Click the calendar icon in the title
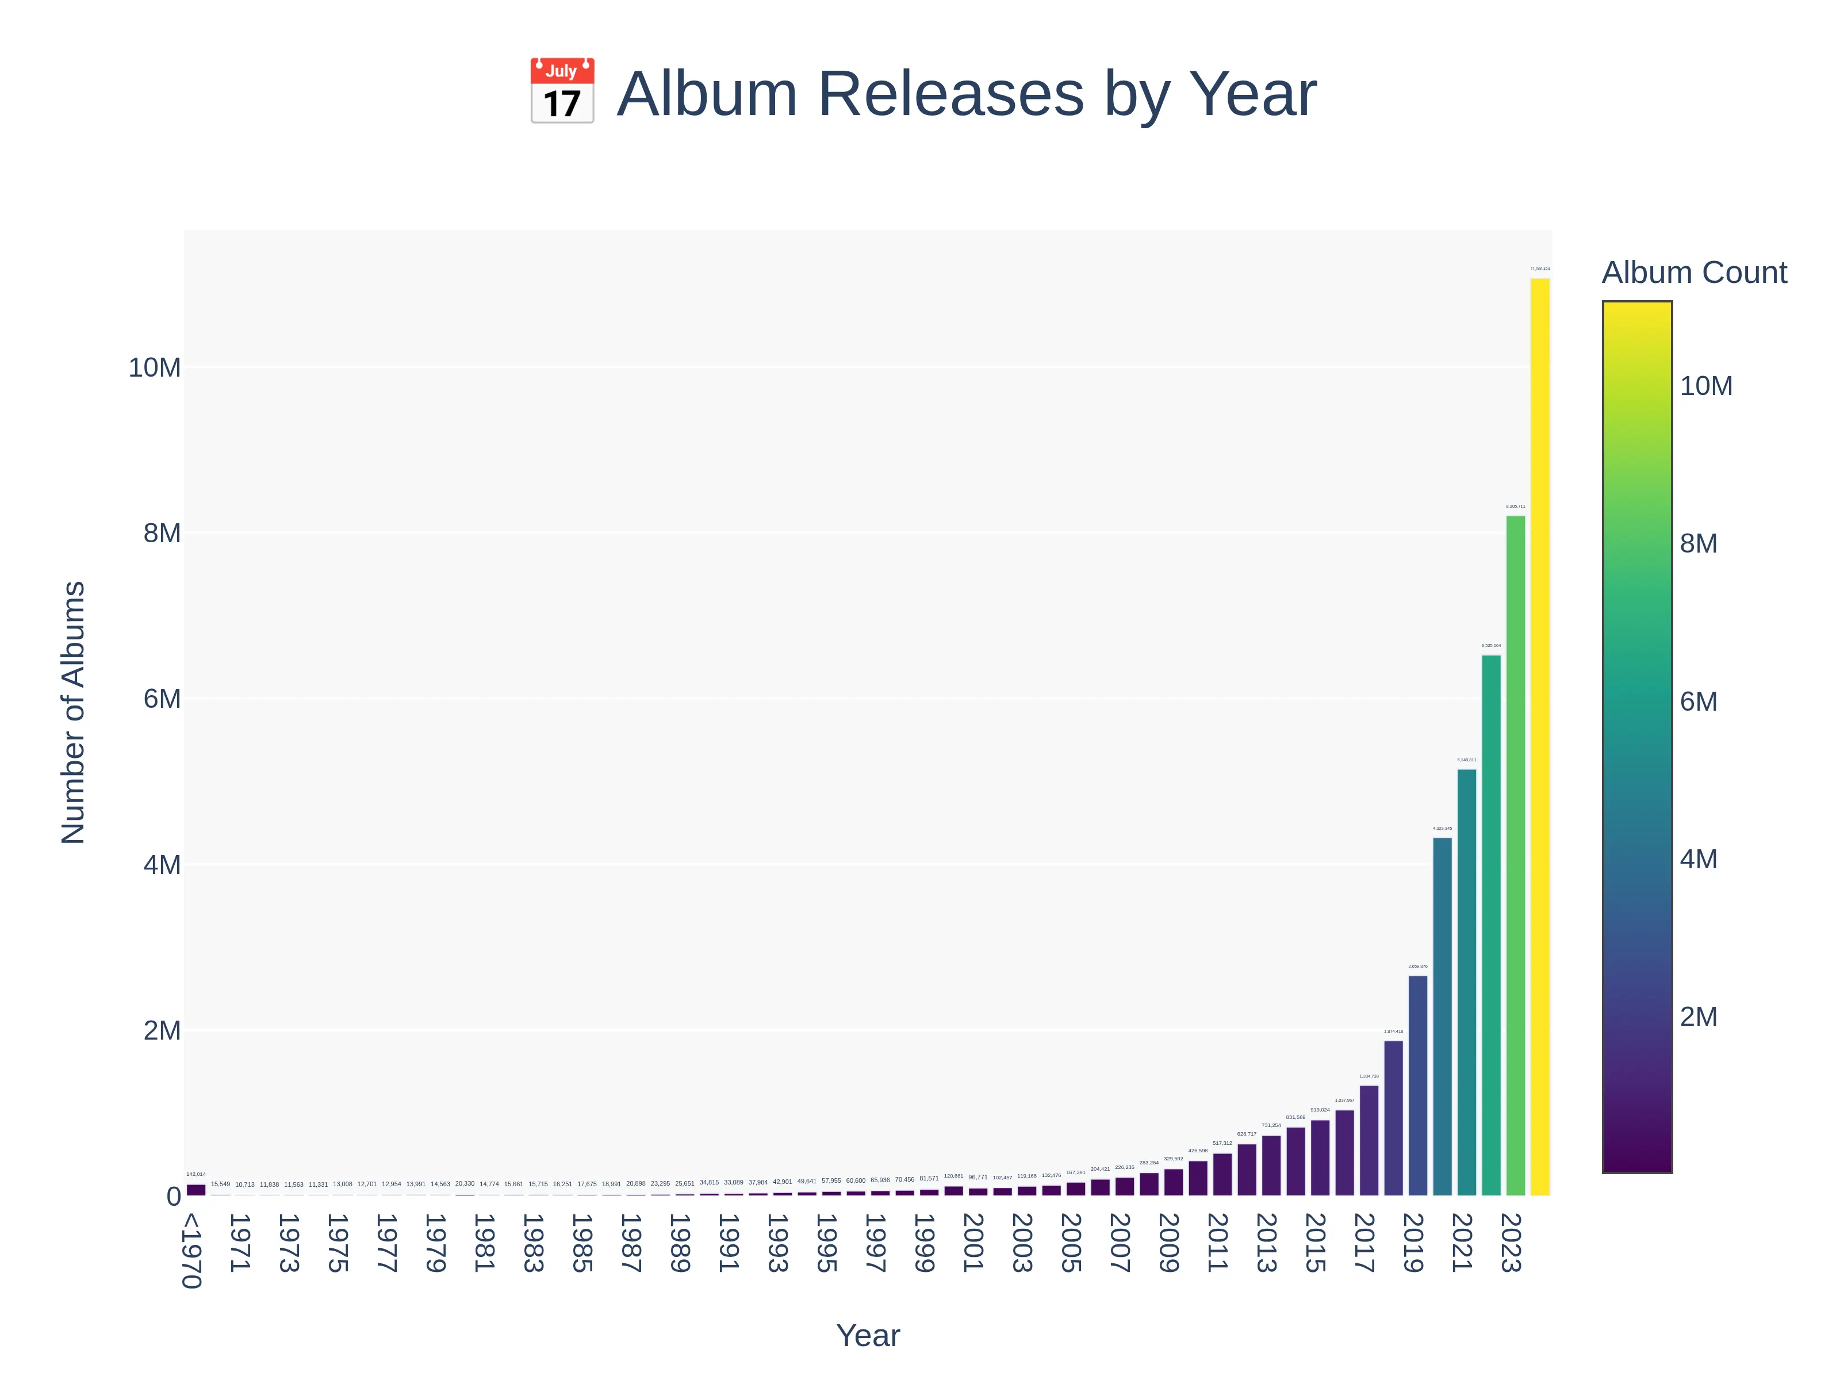(x=562, y=91)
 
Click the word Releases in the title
(x=951, y=93)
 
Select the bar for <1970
(x=196, y=1190)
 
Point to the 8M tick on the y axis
(x=162, y=532)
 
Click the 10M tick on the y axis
(x=154, y=367)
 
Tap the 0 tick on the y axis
(x=173, y=1196)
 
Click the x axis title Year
(x=868, y=1336)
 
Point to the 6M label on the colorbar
(x=1698, y=701)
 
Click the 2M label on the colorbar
(x=1698, y=1017)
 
